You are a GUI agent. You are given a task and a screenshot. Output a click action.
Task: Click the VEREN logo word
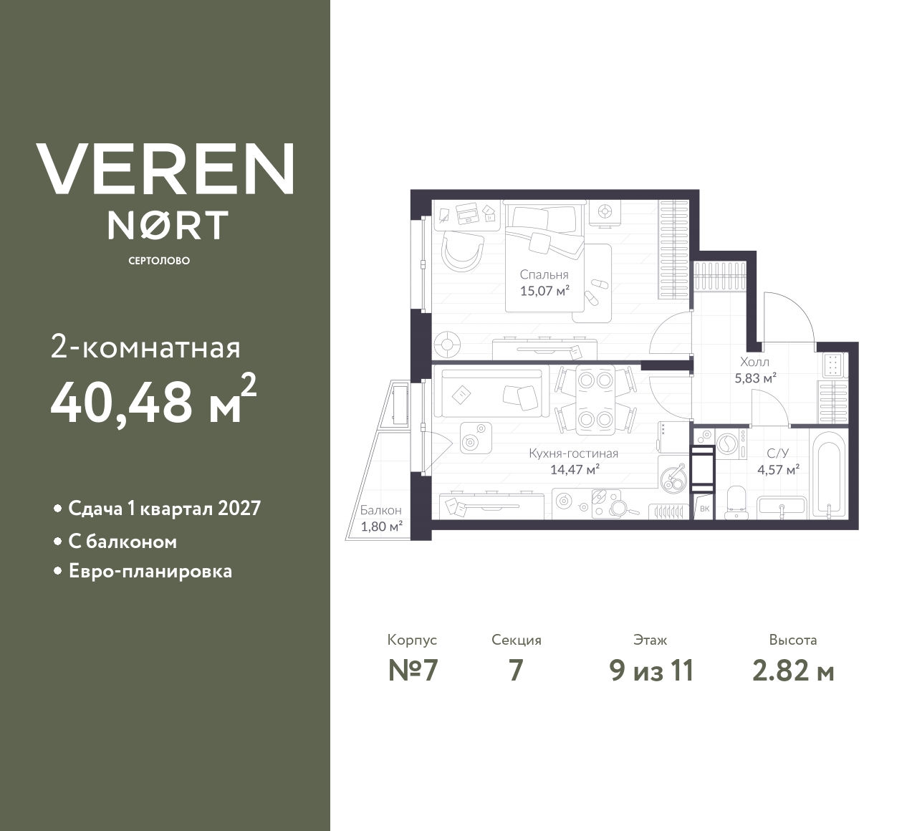click(x=165, y=169)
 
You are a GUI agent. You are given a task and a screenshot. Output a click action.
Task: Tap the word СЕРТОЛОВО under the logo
click(x=159, y=261)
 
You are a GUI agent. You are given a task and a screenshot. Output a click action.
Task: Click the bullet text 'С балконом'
click(x=123, y=542)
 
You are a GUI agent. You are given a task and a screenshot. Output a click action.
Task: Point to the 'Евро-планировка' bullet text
click(x=150, y=572)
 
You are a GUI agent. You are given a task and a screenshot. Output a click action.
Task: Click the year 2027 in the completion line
click(x=239, y=509)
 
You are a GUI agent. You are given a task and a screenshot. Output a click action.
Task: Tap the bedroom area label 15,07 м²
click(x=544, y=291)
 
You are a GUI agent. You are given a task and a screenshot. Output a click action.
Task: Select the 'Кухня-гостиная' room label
click(x=573, y=453)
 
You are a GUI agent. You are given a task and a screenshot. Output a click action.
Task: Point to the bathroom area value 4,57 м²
click(x=779, y=471)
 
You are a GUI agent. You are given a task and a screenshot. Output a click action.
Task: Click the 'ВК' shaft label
click(x=704, y=509)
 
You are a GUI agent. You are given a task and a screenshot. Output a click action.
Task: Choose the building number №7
click(x=413, y=671)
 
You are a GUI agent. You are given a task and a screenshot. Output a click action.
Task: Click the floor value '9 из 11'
click(x=651, y=671)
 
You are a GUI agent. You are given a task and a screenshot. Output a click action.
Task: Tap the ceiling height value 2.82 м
click(x=793, y=671)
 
